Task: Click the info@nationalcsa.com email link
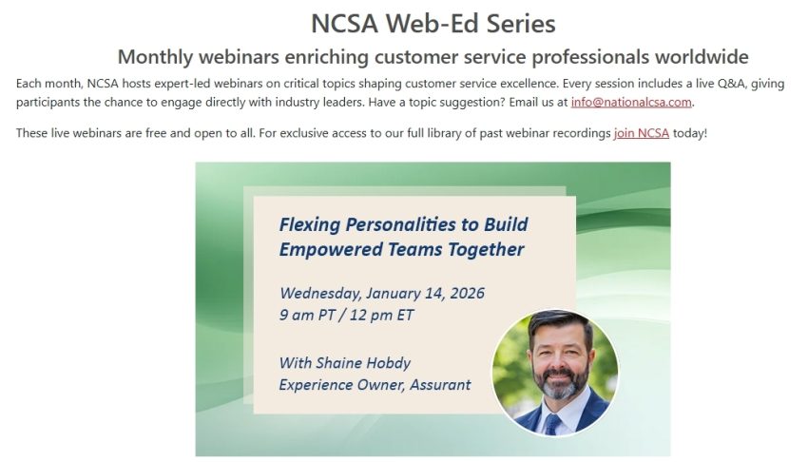[x=631, y=102]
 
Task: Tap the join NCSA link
[x=641, y=133]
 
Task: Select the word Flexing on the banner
[x=310, y=224]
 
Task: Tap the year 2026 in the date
[x=467, y=293]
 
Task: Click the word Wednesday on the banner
[x=320, y=294]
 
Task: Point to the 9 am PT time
[x=307, y=316]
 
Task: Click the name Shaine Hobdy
[x=363, y=363]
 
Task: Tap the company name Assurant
[x=440, y=385]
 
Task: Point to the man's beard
[x=559, y=383]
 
